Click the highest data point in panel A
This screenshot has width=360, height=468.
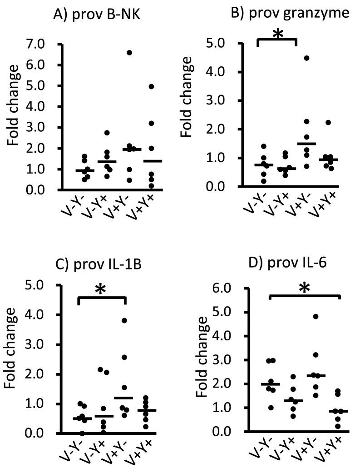129,53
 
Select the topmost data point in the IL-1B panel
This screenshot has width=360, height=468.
124,320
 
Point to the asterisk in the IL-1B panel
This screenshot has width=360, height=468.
101,289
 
